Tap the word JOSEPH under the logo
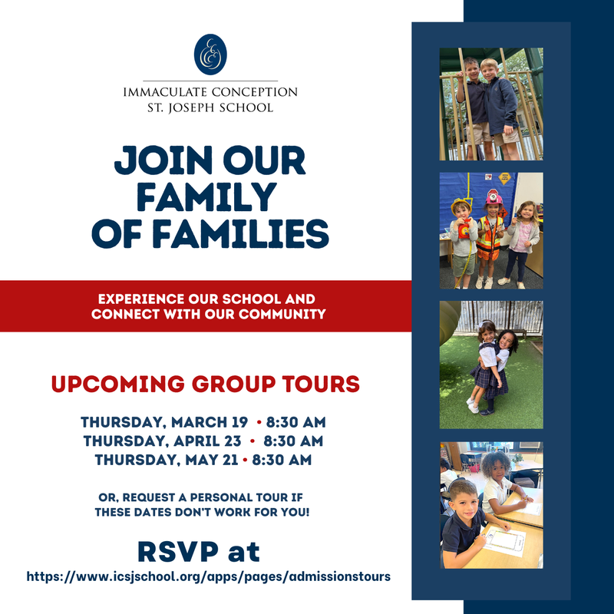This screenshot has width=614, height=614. (200, 107)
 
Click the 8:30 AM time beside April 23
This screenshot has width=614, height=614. (293, 441)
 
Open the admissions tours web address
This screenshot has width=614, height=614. (209, 575)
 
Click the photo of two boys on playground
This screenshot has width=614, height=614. (491, 104)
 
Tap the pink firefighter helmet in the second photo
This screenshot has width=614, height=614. (494, 199)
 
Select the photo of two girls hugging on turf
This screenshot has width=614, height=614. (491, 365)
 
